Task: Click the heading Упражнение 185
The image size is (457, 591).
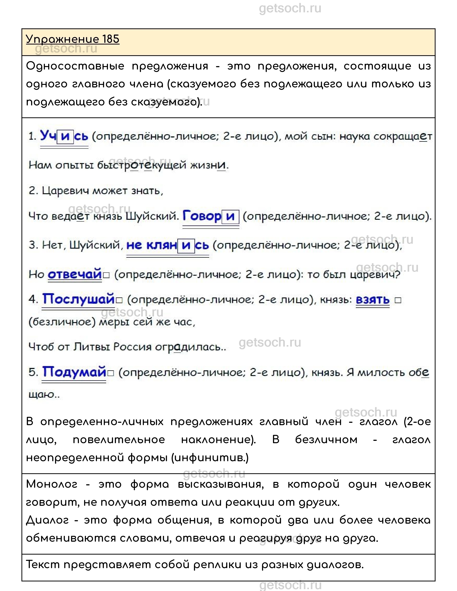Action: click(72, 39)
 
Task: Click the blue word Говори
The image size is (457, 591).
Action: click(211, 216)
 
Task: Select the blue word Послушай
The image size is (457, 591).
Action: click(78, 299)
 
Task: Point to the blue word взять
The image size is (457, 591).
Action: click(372, 300)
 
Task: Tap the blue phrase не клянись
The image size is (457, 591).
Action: click(167, 245)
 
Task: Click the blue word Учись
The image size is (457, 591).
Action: click(64, 136)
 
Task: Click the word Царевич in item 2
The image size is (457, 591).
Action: click(65, 191)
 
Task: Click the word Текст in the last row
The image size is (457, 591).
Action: click(43, 565)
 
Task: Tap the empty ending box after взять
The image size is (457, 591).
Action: click(398, 300)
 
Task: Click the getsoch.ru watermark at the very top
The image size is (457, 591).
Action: click(290, 8)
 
